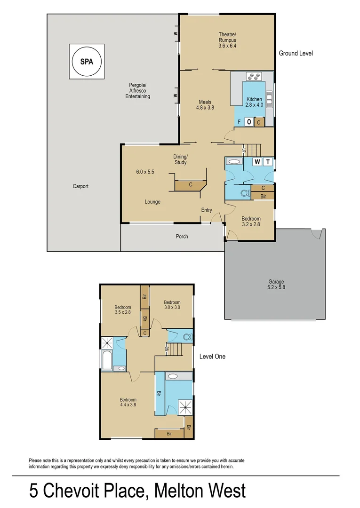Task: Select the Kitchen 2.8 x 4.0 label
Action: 255,102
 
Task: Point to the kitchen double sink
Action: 270,99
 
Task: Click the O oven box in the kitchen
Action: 248,122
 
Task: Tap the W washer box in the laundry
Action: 257,162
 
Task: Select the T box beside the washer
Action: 268,162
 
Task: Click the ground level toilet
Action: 245,193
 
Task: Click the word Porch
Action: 182,236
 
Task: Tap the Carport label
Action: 80,186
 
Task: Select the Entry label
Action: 207,210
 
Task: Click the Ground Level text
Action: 296,54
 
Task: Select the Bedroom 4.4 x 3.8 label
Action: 128,403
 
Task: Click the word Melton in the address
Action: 180,491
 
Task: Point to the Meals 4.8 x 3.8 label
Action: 205,104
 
